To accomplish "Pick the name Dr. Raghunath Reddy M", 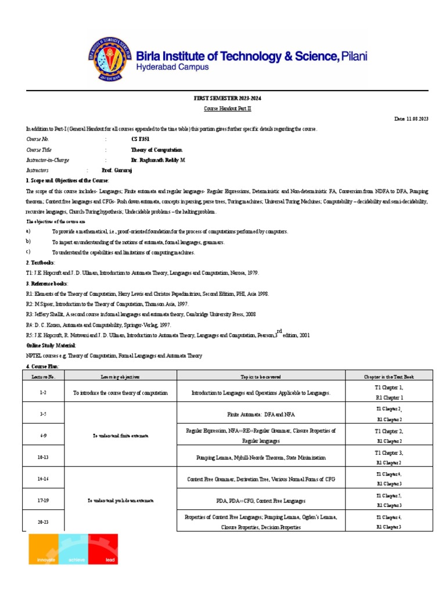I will tap(158, 160).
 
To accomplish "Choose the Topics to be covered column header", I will tap(261, 376).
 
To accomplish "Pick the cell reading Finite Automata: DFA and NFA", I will tap(261, 415).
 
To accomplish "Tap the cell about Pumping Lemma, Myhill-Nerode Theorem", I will tap(261, 458).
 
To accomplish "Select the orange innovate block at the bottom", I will tap(44, 549).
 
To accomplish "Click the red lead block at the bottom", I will tap(103, 549).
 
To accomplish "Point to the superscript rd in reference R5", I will tap(280, 330).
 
